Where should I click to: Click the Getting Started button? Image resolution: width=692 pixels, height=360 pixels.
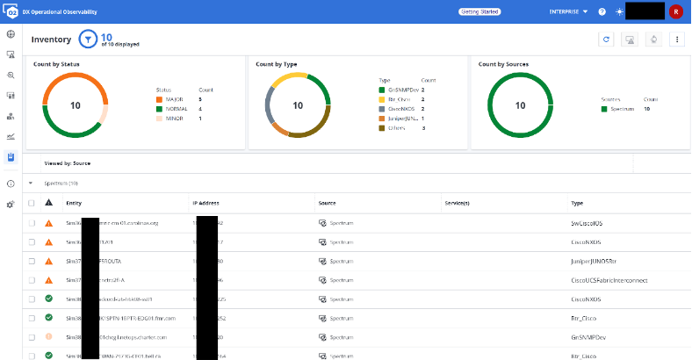[x=480, y=11]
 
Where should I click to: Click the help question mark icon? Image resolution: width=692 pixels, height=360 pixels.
[x=602, y=11]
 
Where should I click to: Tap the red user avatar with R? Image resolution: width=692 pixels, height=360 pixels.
[x=675, y=11]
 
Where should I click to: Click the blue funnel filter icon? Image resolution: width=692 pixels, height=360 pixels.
[x=88, y=40]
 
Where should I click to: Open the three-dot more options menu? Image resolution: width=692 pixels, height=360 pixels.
[x=676, y=40]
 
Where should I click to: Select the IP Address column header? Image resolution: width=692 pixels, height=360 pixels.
[x=205, y=203]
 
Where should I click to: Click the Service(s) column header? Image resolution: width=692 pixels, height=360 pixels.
[x=457, y=203]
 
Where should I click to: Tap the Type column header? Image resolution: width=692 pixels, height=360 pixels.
[x=577, y=203]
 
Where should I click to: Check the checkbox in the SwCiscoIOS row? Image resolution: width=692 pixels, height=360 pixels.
[x=32, y=223]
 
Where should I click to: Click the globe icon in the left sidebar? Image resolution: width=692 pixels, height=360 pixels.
[x=11, y=34]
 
